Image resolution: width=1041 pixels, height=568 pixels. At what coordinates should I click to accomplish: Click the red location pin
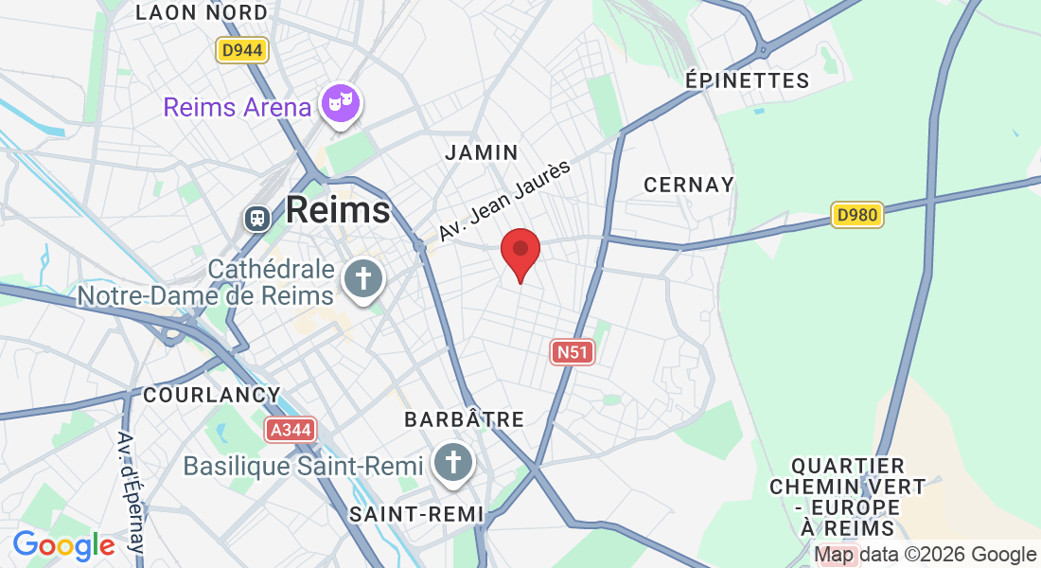point(520,252)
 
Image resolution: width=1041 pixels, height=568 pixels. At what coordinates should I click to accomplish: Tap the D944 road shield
point(242,50)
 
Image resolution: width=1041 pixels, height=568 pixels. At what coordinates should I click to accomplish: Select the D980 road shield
point(858,215)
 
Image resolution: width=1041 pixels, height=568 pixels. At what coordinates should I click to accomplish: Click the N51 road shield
point(573,352)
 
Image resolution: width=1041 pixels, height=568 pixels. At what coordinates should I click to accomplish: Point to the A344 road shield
point(290,430)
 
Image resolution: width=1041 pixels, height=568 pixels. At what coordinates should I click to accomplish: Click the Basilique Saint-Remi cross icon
point(453,464)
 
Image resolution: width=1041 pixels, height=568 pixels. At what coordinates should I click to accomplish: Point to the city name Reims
point(338,209)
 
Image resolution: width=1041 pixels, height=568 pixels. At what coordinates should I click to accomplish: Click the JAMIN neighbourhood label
point(482,152)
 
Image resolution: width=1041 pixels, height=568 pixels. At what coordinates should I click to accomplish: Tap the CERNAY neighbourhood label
point(689,185)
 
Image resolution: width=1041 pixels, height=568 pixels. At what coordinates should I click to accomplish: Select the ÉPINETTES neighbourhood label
point(748,80)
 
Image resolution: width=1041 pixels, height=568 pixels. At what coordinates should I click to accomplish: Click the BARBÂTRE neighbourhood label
point(464,418)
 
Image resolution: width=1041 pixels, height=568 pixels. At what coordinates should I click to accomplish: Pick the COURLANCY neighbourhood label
point(211,395)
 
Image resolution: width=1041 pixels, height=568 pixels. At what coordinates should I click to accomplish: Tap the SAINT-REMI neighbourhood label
point(416,514)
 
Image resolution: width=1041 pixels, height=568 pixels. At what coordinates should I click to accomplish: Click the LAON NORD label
point(202,12)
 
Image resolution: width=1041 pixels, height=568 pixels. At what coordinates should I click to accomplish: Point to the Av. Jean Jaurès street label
point(504,201)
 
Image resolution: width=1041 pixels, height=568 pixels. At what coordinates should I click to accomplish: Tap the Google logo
point(63,545)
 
